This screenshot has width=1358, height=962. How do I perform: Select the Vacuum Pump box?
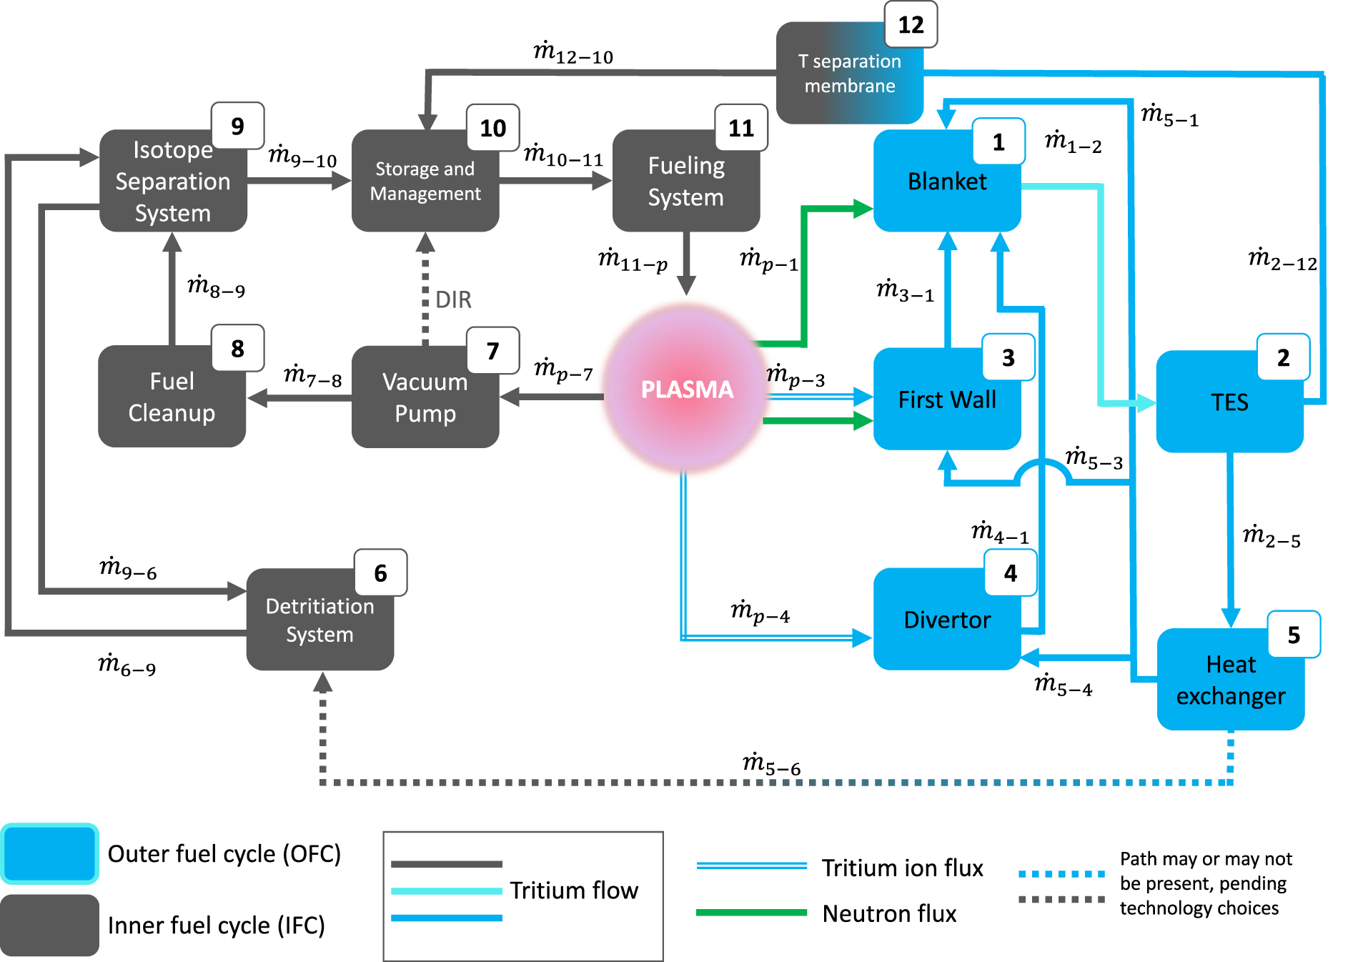pos(425,398)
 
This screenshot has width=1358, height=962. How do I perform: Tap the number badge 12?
pos(911,25)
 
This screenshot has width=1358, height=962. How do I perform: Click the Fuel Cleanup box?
pos(172,397)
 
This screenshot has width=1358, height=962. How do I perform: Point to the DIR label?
pos(453,299)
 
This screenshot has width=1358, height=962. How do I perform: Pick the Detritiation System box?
pos(319,620)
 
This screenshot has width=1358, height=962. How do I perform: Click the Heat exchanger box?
pos(1230,680)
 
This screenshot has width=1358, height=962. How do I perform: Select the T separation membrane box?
pos(849,74)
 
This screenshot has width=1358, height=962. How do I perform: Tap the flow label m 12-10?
pos(573,53)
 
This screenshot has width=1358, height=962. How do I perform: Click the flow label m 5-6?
pos(771,763)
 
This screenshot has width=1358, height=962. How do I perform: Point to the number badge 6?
pos(380,572)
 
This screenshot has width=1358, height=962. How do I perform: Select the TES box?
pos(1229,402)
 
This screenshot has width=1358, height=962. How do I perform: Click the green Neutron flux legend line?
pos(751,913)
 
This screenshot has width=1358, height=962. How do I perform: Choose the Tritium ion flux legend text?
pos(902,868)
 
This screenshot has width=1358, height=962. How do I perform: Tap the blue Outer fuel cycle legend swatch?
pos(49,854)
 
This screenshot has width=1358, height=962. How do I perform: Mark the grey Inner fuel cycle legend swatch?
pos(49,925)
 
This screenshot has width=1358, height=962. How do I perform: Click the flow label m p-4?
pos(760,612)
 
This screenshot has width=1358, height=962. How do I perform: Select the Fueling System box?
pos(685,182)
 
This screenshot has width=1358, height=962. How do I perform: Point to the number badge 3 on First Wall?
pos(1008,357)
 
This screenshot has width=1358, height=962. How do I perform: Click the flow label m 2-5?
pos(1272,535)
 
